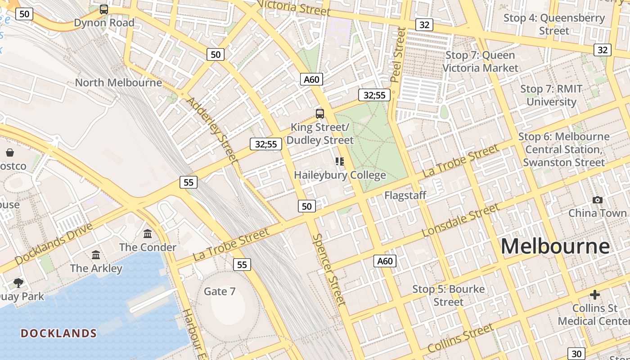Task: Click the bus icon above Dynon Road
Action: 104,9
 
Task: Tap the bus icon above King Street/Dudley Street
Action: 320,113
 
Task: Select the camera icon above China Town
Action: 598,200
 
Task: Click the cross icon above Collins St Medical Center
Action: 595,295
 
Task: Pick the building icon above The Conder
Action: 148,234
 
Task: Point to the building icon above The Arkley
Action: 96,255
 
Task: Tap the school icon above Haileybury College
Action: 340,161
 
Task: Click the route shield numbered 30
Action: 576,354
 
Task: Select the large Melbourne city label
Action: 555,246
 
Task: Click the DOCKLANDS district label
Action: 59,333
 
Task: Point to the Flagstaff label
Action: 405,195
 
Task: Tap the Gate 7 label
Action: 220,291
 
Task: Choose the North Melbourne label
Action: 118,82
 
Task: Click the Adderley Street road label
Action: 212,130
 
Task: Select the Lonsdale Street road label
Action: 461,220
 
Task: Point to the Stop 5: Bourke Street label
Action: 449,295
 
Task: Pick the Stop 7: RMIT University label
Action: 551,95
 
